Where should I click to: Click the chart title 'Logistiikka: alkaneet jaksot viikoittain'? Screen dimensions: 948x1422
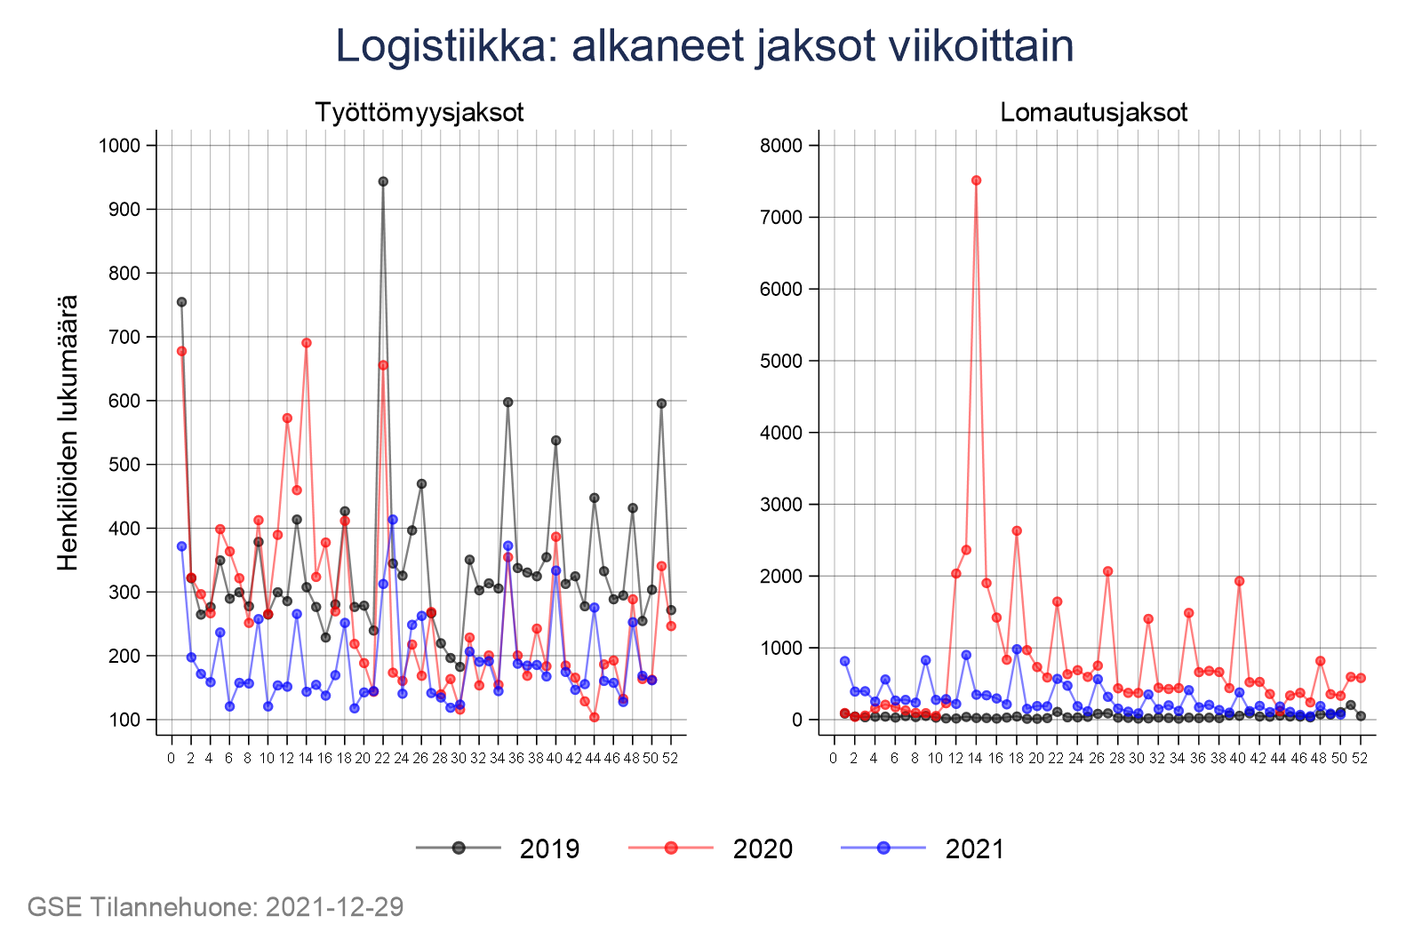click(704, 46)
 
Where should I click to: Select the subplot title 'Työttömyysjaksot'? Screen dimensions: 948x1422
click(419, 113)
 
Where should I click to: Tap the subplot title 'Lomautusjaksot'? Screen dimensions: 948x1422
click(1093, 113)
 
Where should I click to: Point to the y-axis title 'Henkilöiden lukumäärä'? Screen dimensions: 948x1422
click(68, 433)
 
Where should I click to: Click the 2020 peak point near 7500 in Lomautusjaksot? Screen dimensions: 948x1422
click(976, 180)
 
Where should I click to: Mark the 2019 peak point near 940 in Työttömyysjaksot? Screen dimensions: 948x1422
click(383, 181)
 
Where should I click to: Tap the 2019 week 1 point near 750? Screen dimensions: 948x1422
click(181, 302)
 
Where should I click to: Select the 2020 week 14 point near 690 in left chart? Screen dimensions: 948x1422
click(307, 343)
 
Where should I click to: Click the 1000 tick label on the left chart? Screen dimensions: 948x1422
click(120, 146)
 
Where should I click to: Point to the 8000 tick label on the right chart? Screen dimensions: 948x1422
click(781, 146)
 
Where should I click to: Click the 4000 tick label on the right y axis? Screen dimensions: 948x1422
click(781, 433)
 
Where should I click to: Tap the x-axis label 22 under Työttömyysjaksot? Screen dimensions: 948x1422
click(382, 758)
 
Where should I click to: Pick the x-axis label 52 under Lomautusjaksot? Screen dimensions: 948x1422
click(1360, 758)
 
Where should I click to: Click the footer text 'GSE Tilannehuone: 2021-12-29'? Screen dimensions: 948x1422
click(215, 907)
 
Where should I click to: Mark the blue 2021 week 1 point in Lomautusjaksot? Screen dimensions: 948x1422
click(844, 661)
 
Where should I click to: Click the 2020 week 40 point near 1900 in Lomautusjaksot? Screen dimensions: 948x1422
click(1239, 581)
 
